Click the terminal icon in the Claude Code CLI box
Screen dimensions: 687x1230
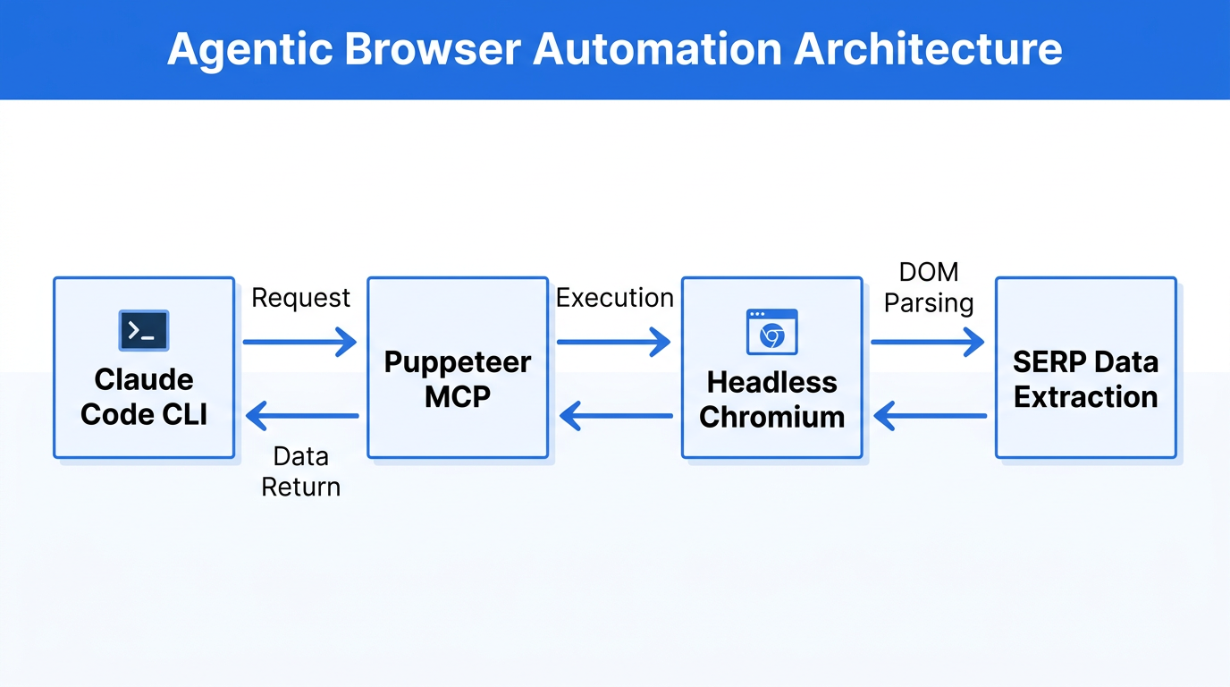tap(144, 331)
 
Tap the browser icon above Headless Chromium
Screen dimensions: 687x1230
tap(771, 332)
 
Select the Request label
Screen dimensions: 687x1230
tap(300, 298)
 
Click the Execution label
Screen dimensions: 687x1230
tap(615, 298)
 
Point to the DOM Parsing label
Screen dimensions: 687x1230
tap(929, 287)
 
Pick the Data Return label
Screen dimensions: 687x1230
tap(301, 471)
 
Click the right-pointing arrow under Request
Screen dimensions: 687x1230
tap(300, 342)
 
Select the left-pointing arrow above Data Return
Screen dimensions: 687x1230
tap(302, 415)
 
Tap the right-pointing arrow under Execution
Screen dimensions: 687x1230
tap(614, 342)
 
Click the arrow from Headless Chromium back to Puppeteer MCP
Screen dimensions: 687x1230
tap(616, 415)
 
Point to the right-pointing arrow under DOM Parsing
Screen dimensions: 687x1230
tap(928, 342)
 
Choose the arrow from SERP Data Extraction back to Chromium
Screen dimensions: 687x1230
tap(930, 415)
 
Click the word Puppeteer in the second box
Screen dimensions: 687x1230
tap(458, 362)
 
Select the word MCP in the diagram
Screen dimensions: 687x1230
tap(458, 396)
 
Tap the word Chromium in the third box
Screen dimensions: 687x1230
tap(771, 417)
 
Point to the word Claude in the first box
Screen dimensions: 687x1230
tap(144, 379)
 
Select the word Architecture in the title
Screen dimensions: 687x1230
tap(928, 49)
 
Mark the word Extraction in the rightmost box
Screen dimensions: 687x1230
tap(1086, 396)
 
